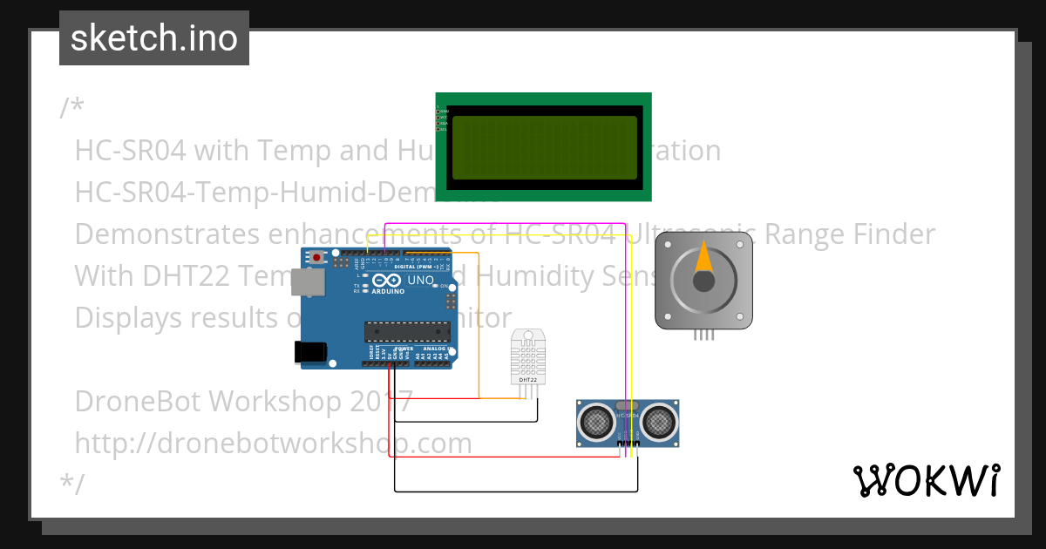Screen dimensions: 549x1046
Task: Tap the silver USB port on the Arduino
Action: [x=304, y=281]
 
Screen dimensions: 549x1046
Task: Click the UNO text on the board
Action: [x=421, y=281]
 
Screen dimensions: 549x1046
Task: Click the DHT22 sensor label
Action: [x=527, y=380]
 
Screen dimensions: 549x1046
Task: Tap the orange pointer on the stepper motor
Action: [x=703, y=262]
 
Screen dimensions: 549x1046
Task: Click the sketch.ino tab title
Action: [x=154, y=38]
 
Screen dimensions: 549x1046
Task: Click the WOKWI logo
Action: [x=926, y=480]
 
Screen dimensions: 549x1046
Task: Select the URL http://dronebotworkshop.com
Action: [x=273, y=443]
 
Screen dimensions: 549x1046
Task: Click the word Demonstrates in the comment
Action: [x=156, y=234]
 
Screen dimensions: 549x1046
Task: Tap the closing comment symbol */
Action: [x=71, y=485]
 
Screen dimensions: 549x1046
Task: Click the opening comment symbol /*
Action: [x=71, y=108]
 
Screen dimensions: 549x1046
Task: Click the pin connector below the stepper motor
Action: [x=703, y=335]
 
